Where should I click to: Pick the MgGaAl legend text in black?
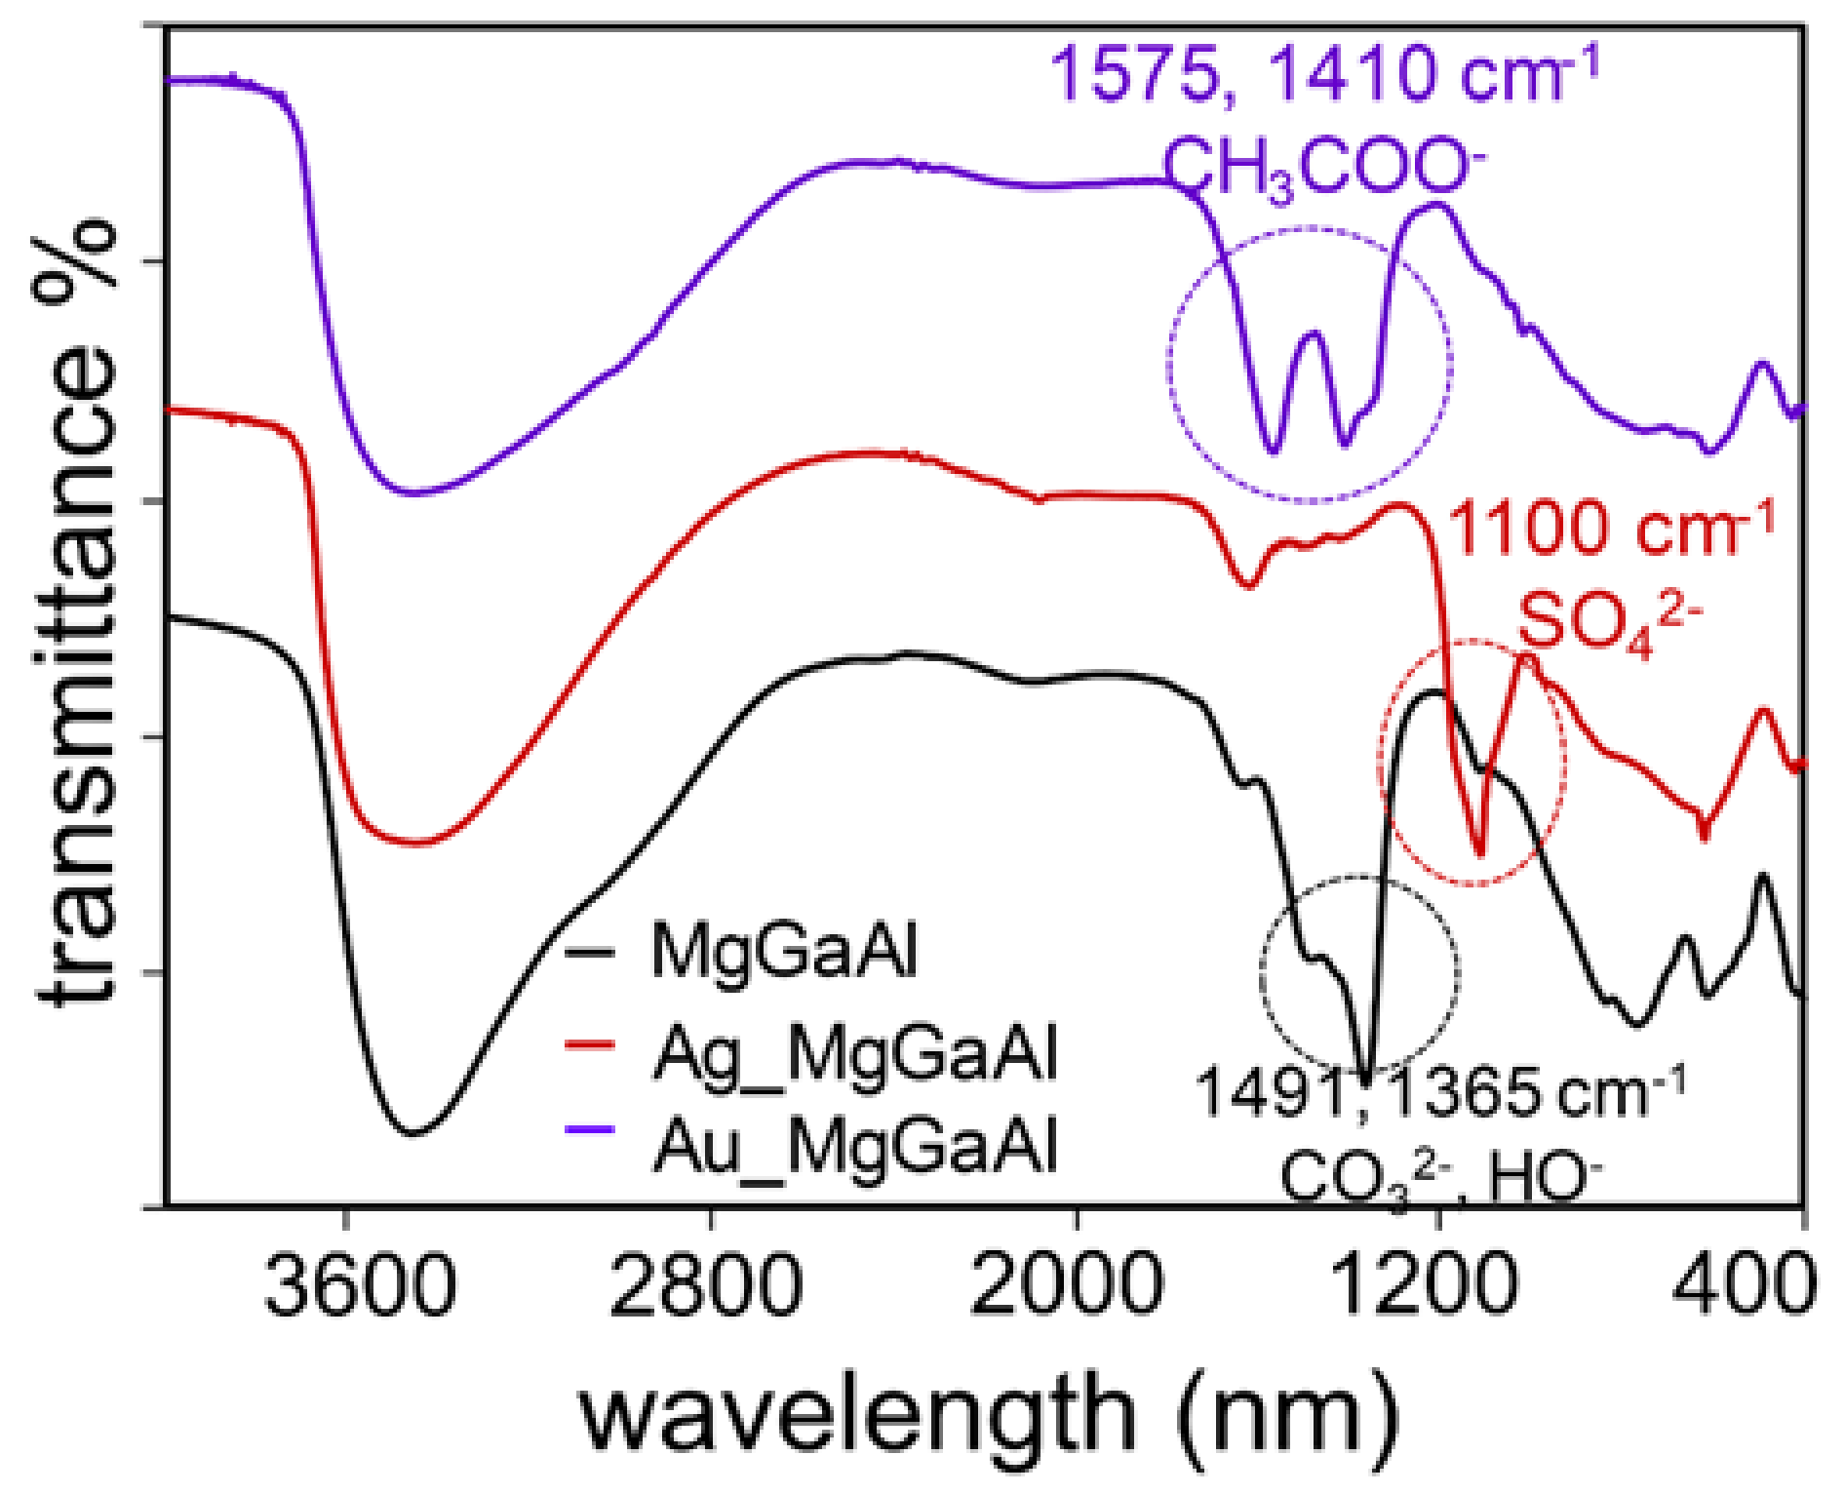tap(784, 951)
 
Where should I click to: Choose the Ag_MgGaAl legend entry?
tap(855, 1054)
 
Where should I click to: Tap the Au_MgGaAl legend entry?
tap(855, 1146)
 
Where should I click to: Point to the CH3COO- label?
tap(1324, 168)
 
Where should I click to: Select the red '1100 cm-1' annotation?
tap(1611, 530)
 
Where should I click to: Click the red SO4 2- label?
tap(1610, 622)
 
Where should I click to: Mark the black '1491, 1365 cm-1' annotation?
tap(1440, 1093)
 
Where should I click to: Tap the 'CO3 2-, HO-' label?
tap(1440, 1178)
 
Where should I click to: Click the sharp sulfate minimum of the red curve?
tap(1480, 853)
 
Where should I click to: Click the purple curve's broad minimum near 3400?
tap(413, 492)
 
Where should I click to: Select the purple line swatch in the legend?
tap(590, 1129)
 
